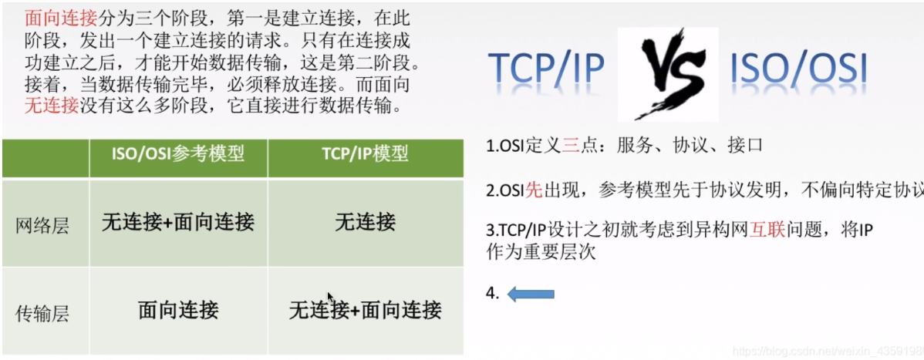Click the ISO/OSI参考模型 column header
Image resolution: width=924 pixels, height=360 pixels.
[x=178, y=154]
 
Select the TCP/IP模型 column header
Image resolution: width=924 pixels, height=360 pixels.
[x=365, y=154]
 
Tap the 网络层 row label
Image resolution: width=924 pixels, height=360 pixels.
[x=43, y=226]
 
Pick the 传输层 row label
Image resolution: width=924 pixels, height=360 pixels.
[x=43, y=313]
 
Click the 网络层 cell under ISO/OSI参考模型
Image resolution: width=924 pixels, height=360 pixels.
[x=178, y=223]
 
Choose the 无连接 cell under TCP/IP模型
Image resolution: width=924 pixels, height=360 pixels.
[x=365, y=223]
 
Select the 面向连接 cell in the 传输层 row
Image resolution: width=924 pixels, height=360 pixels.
[x=178, y=310]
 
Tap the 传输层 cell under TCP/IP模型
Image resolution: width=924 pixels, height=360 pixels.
[x=365, y=311]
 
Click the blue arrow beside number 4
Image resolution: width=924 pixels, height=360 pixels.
[x=531, y=293]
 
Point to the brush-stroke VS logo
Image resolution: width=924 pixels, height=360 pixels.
[x=668, y=74]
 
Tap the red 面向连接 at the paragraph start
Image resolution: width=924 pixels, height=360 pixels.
[x=52, y=16]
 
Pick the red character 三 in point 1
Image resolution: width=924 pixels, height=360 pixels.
[x=571, y=145]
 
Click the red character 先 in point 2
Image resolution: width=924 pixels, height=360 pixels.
[x=534, y=190]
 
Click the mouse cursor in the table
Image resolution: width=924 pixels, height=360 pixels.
[x=331, y=298]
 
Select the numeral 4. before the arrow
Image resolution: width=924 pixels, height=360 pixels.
[x=493, y=293]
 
